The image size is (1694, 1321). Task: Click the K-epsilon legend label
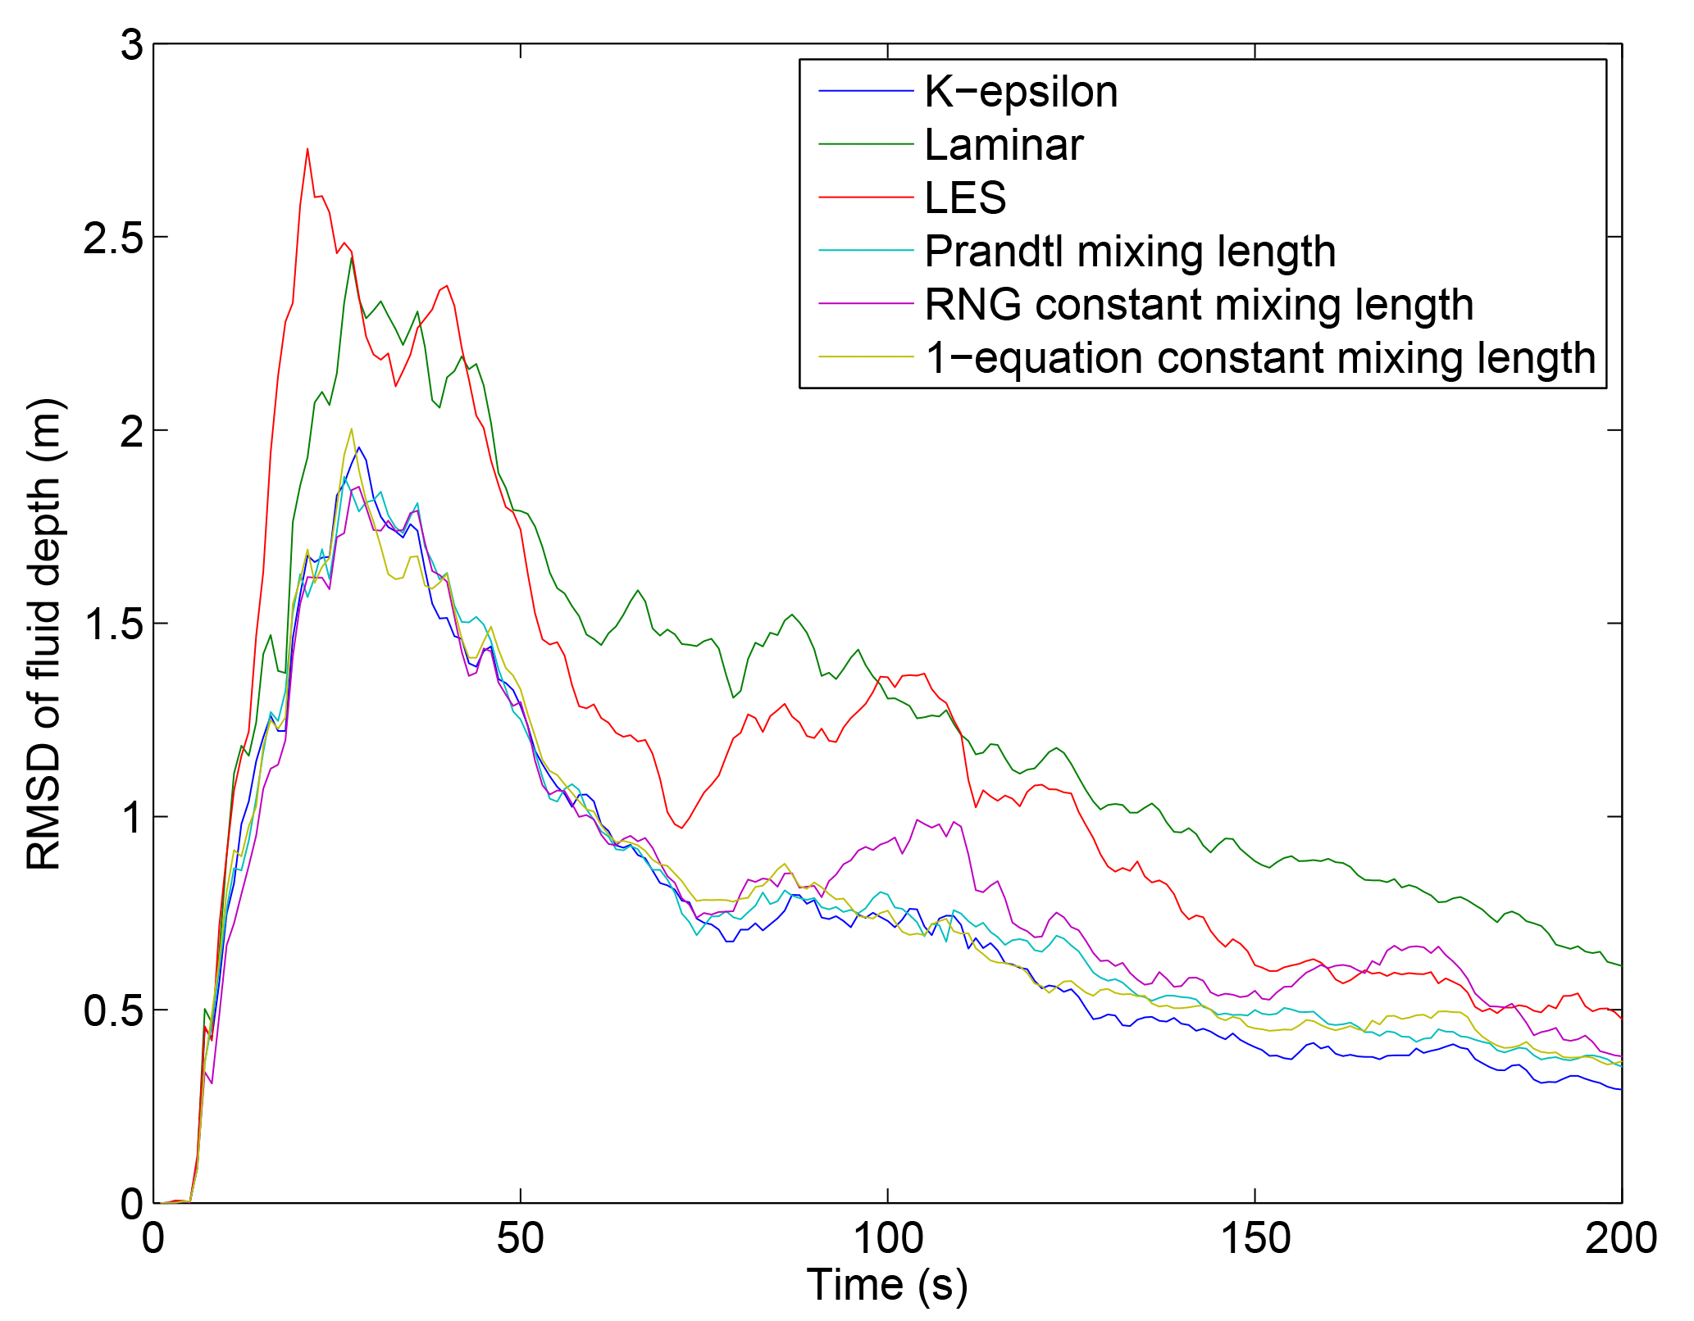(1021, 92)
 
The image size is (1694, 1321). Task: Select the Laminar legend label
(1004, 145)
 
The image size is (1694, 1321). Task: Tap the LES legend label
(965, 198)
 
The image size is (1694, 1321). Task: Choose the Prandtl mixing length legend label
(1130, 252)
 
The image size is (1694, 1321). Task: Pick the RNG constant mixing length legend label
(1199, 305)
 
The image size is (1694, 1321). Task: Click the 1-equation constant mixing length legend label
(1260, 358)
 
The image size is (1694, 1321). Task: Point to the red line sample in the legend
(866, 197)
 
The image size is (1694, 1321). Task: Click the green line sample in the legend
(866, 144)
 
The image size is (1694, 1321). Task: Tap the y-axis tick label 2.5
(113, 238)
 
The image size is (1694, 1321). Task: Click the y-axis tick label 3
(131, 45)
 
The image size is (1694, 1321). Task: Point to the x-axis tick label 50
(521, 1238)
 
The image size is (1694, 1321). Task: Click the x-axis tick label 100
(888, 1238)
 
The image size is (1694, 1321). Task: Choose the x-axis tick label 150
(1255, 1238)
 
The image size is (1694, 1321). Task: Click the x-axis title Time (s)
(887, 1285)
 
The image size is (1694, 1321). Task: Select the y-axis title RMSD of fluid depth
(44, 635)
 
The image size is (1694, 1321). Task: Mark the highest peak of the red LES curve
(307, 150)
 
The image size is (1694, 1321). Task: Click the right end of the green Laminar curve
(1620, 965)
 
